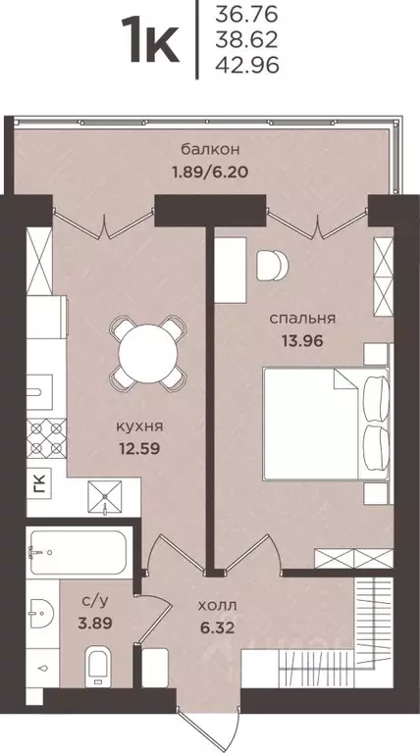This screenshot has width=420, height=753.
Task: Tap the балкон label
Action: click(210, 149)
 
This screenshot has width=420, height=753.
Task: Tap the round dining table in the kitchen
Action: click(145, 349)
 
